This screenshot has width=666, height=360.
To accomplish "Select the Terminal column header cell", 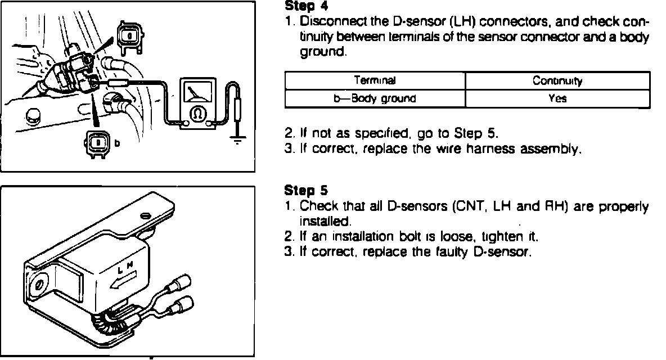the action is (x=375, y=81).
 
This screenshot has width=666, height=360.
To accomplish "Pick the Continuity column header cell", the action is (x=557, y=81).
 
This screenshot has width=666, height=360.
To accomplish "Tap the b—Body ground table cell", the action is (x=375, y=98).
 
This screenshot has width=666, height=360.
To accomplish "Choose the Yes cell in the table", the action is (x=557, y=98).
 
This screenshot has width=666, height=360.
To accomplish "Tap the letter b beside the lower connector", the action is (x=117, y=143).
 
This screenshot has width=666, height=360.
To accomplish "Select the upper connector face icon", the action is (x=129, y=37).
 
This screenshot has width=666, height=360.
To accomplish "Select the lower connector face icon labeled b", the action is (x=98, y=143).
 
